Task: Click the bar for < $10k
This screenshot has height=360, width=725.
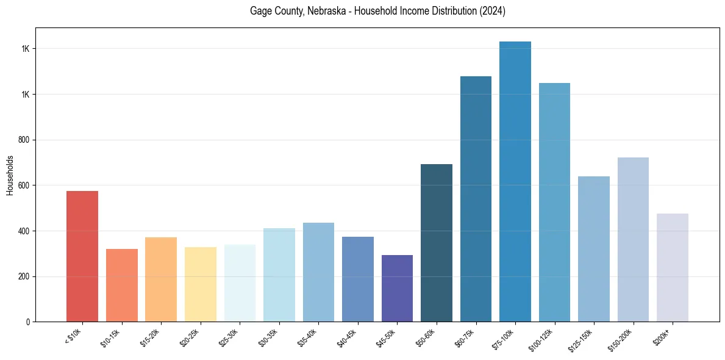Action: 82,256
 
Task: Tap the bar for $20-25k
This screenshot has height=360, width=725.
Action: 200,284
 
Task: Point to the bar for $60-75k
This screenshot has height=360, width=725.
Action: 476,199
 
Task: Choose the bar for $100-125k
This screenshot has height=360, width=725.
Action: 554,202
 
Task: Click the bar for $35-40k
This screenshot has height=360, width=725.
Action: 318,272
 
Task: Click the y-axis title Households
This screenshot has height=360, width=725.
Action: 10,175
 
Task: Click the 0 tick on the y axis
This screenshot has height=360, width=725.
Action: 29,322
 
